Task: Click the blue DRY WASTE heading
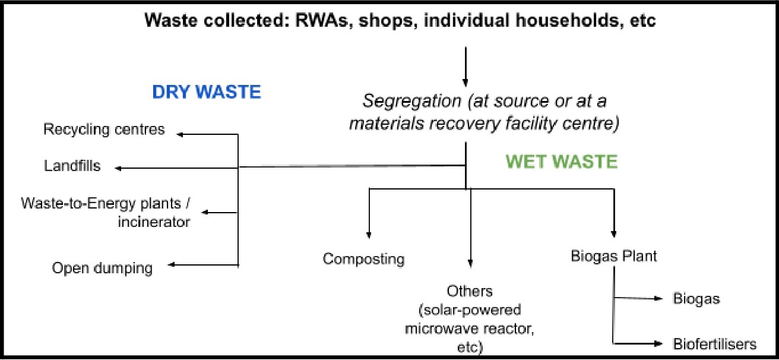tap(206, 93)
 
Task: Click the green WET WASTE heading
tap(562, 162)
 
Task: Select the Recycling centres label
tap(104, 129)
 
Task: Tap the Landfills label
tap(72, 166)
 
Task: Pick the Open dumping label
tap(102, 268)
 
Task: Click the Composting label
tap(363, 259)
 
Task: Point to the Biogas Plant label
tap(613, 257)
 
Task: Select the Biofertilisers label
tap(714, 344)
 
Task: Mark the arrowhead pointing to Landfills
tap(119, 168)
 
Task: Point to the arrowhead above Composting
tap(369, 234)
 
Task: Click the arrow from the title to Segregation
tap(465, 65)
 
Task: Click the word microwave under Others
tap(438, 329)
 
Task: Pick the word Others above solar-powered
tap(470, 292)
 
